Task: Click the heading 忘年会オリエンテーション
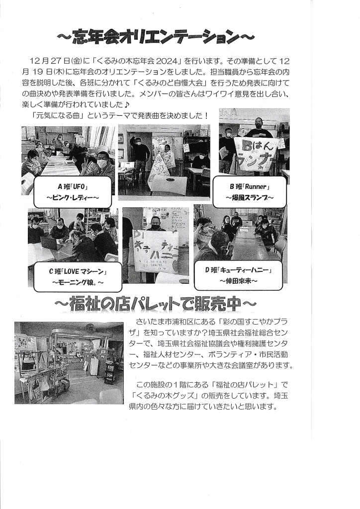(156, 37)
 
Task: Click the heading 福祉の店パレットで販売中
(156, 304)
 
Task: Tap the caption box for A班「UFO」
(73, 192)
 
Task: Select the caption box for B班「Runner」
(250, 192)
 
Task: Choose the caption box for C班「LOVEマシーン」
(78, 277)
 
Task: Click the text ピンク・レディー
(73, 197)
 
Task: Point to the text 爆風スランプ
(250, 197)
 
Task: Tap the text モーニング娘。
(78, 282)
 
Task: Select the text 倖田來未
(238, 280)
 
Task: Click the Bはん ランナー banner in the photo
(256, 153)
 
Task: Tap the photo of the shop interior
(69, 363)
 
